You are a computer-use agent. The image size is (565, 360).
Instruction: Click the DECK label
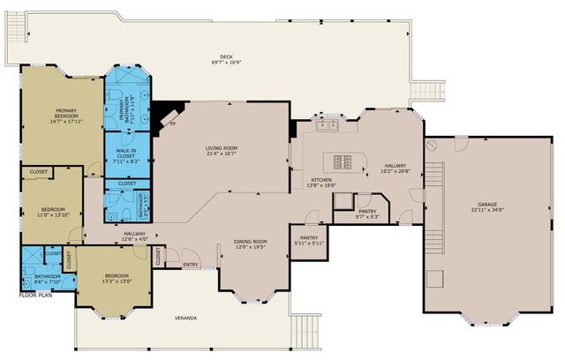[226, 58]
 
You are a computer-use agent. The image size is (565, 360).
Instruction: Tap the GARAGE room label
[486, 206]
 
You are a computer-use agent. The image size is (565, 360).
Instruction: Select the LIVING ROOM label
[222, 151]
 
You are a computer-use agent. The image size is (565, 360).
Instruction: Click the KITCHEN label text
[320, 183]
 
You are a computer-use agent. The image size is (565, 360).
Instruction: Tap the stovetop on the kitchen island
[343, 161]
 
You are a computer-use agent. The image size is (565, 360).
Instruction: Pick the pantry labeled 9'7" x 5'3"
[366, 213]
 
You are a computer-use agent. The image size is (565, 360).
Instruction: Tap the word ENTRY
[191, 264]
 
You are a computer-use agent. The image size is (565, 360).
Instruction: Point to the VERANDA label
[185, 318]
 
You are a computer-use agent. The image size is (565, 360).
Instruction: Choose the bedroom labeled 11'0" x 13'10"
[52, 212]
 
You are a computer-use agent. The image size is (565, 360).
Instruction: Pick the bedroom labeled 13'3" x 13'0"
[117, 279]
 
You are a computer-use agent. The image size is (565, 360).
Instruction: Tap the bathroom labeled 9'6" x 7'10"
[48, 280]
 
